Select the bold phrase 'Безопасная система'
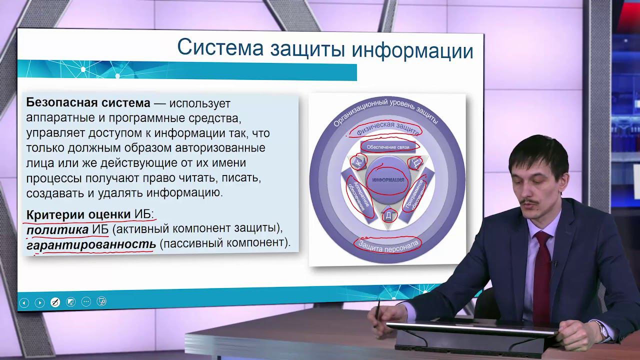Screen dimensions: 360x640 click(88, 103)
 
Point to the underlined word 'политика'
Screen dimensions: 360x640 click(57, 229)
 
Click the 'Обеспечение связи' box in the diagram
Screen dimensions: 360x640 click(388, 147)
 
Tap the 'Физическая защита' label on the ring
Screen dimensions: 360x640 click(384, 128)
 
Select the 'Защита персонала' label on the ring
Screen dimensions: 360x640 click(387, 243)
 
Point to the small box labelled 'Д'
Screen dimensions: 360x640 click(388, 216)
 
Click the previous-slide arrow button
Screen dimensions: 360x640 click(24, 302)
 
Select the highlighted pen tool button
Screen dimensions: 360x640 click(55, 302)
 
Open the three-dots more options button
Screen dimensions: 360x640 click(86, 301)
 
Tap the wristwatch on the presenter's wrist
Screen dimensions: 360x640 click(603, 330)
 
